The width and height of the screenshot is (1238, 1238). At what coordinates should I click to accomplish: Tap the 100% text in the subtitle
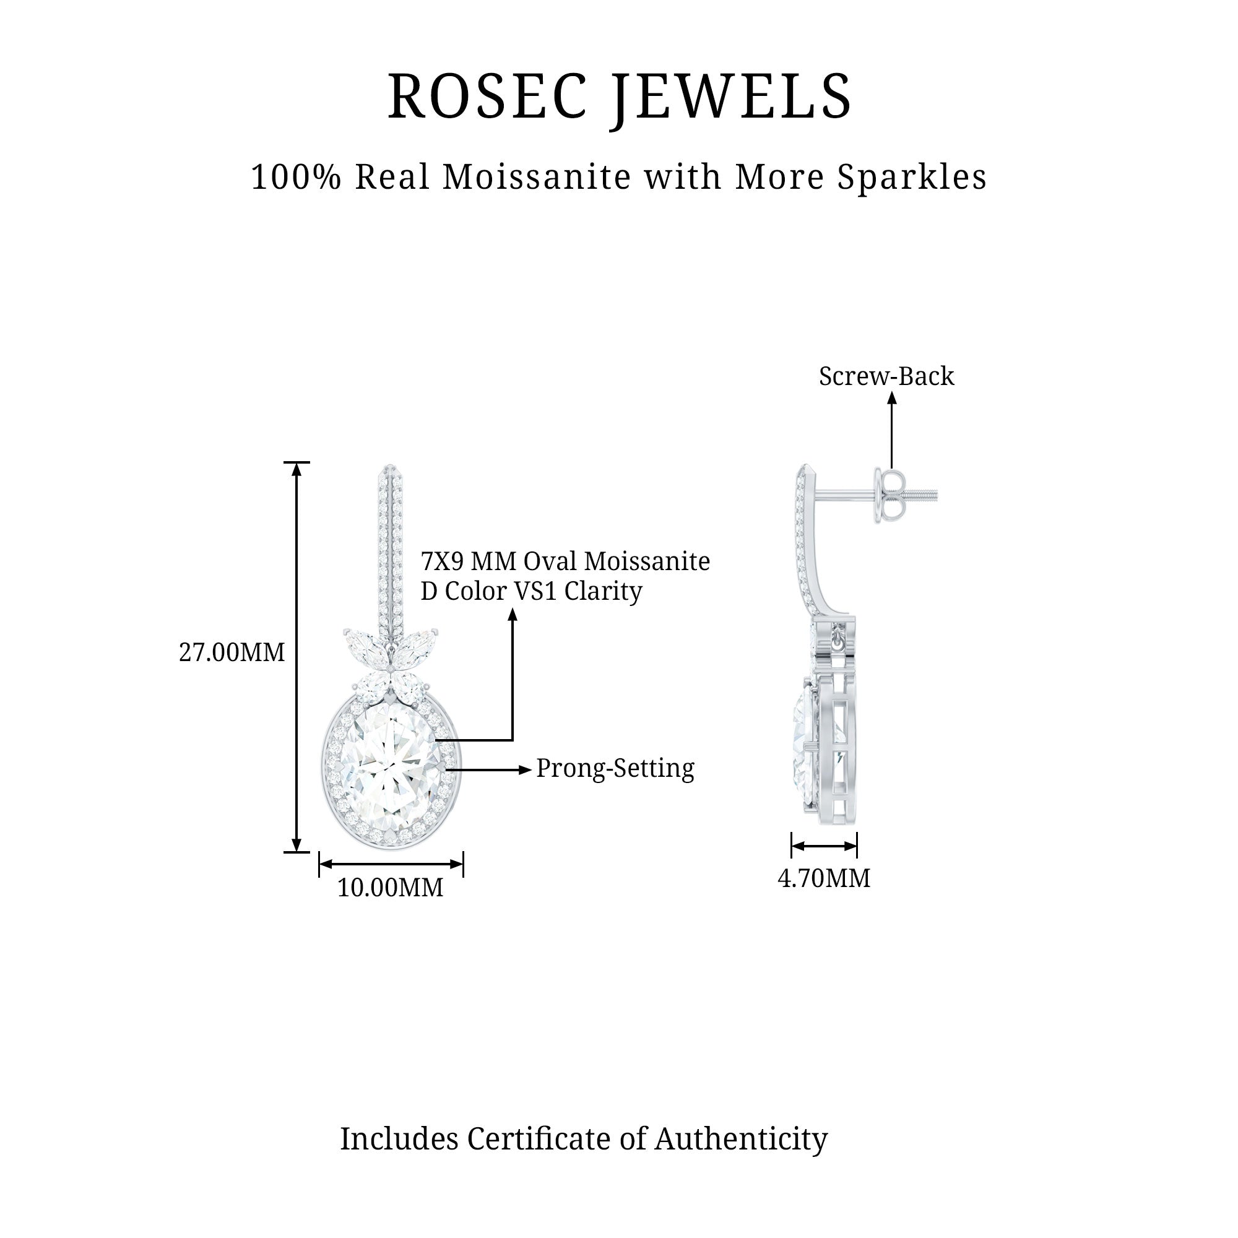296,177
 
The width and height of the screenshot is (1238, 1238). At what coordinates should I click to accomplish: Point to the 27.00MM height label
232,652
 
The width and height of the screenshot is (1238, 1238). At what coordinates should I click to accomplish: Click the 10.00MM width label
390,888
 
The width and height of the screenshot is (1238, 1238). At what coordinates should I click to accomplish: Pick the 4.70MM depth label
824,878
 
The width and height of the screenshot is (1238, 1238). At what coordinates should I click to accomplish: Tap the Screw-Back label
886,376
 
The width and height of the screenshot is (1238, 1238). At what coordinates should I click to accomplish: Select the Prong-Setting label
615,768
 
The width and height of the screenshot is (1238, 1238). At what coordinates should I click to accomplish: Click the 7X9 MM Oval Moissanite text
565,561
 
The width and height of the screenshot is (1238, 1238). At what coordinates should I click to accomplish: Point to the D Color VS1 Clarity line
530,591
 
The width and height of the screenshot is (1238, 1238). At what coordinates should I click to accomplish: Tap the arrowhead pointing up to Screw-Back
891,398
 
